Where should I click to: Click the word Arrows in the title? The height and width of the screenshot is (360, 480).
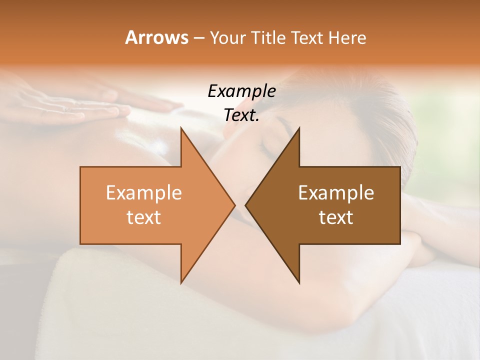point(156,37)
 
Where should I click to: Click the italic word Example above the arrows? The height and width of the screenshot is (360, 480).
point(241,91)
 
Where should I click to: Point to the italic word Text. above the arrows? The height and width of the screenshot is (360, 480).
point(241,115)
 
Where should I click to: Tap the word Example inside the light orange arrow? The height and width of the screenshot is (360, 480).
point(144,193)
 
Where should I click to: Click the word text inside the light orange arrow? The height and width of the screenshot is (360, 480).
point(144,217)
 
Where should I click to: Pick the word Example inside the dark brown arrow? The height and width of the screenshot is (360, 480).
point(336,193)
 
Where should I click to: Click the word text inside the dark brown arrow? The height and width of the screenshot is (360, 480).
point(336,217)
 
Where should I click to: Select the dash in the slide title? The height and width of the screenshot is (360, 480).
point(198,38)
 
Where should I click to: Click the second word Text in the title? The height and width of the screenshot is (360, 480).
point(308,37)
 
